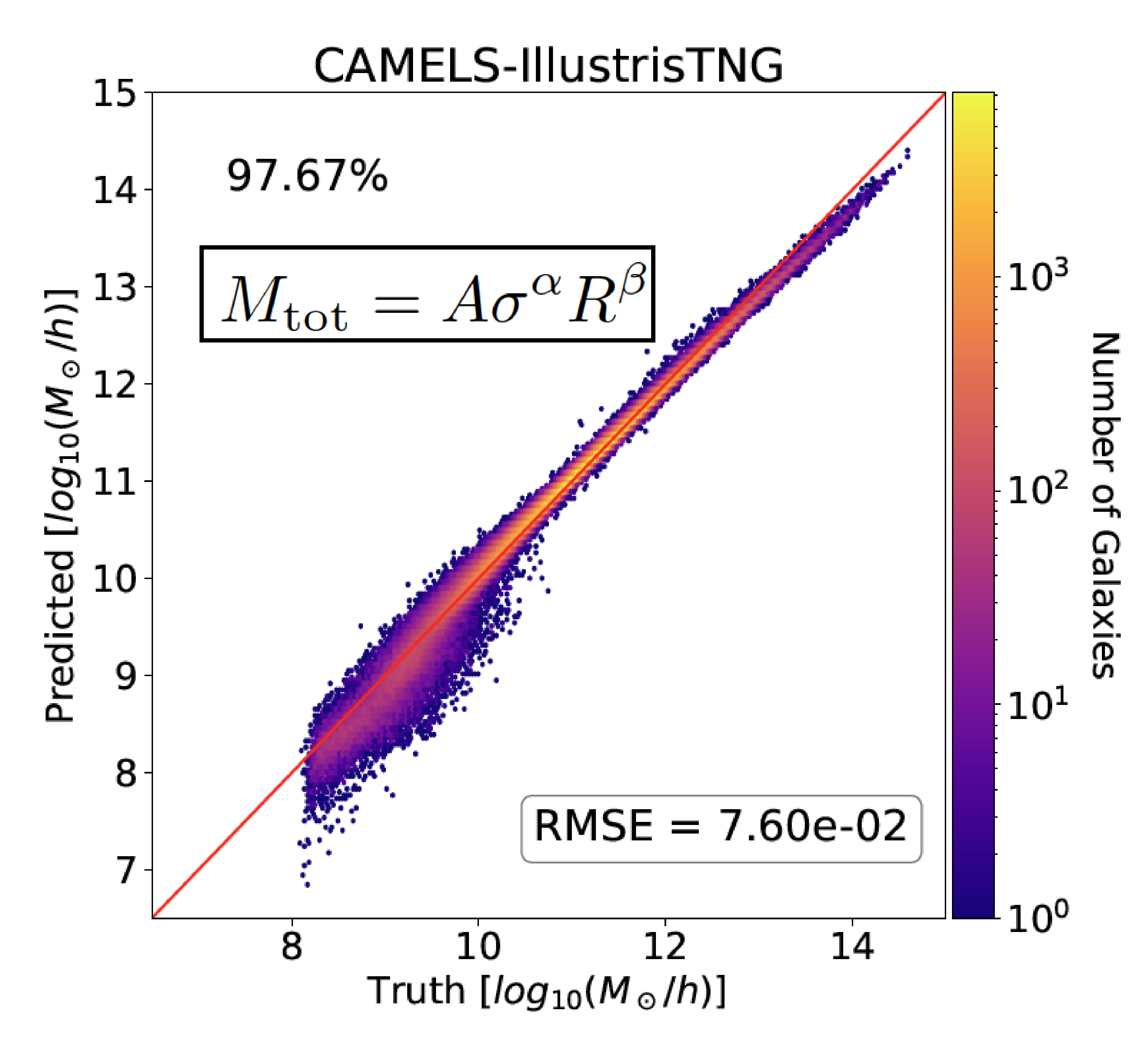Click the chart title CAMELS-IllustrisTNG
click(x=548, y=66)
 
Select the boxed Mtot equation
click(x=427, y=294)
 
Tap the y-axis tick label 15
click(x=115, y=93)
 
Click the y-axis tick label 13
click(x=115, y=287)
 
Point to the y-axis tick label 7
click(x=126, y=871)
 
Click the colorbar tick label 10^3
click(x=1037, y=276)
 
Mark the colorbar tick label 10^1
click(x=1037, y=705)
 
